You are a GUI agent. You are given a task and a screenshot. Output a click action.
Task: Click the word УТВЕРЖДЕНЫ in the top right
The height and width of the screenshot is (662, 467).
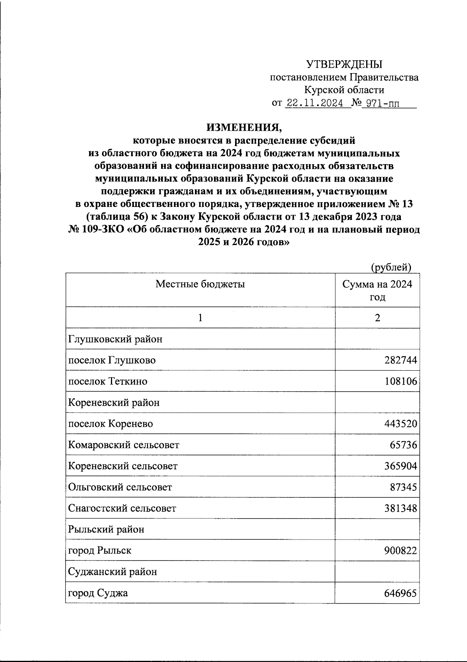tap(344, 64)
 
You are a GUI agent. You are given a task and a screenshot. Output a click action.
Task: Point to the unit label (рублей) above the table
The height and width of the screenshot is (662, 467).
tap(391, 267)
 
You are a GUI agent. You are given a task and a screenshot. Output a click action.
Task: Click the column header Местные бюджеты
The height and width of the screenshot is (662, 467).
tap(200, 284)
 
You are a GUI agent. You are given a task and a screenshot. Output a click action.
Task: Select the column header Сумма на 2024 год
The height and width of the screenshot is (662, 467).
tap(377, 291)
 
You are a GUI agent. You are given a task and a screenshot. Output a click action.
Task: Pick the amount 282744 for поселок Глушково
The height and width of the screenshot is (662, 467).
tap(401, 360)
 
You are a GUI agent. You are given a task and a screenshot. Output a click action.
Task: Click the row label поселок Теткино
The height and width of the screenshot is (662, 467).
tap(108, 381)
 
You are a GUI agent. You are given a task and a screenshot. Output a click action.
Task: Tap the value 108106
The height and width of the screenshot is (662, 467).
tap(401, 381)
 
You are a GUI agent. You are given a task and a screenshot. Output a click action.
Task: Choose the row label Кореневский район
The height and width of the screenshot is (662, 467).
tap(114, 403)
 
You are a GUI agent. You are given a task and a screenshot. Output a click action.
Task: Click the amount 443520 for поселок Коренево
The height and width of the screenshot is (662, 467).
tap(401, 424)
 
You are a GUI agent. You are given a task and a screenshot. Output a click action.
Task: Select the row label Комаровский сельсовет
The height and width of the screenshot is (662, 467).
tap(124, 445)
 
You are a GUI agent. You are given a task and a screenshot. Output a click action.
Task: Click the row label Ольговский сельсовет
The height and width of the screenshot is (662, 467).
tap(120, 487)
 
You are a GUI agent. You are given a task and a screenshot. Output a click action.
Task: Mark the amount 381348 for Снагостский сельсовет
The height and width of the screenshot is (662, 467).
tap(401, 508)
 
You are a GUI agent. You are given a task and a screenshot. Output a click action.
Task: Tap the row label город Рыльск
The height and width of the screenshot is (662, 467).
tap(100, 550)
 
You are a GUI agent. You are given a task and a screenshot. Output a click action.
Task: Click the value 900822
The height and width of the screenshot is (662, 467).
tap(401, 550)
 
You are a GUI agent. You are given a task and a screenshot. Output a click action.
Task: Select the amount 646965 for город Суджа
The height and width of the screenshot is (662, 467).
tap(401, 593)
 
